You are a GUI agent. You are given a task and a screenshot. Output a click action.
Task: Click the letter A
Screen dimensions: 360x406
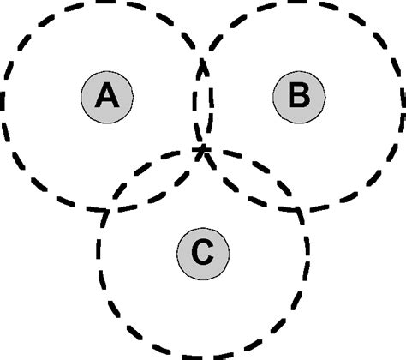[x=106, y=96]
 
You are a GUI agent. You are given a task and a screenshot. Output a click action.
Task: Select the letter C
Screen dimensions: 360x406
[x=201, y=252]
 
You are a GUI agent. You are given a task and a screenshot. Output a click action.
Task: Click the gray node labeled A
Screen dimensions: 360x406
[x=106, y=96]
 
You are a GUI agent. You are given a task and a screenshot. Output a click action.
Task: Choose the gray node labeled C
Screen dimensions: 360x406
[x=201, y=252]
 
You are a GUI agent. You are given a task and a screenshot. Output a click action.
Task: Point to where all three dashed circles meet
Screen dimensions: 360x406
[x=203, y=153]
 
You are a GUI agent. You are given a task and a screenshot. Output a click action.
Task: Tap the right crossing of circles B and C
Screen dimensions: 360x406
[x=300, y=208]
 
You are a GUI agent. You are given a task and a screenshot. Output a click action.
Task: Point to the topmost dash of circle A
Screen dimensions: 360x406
[x=106, y=3]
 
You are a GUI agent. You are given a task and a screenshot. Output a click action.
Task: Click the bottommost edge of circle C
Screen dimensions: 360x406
[x=202, y=355]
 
